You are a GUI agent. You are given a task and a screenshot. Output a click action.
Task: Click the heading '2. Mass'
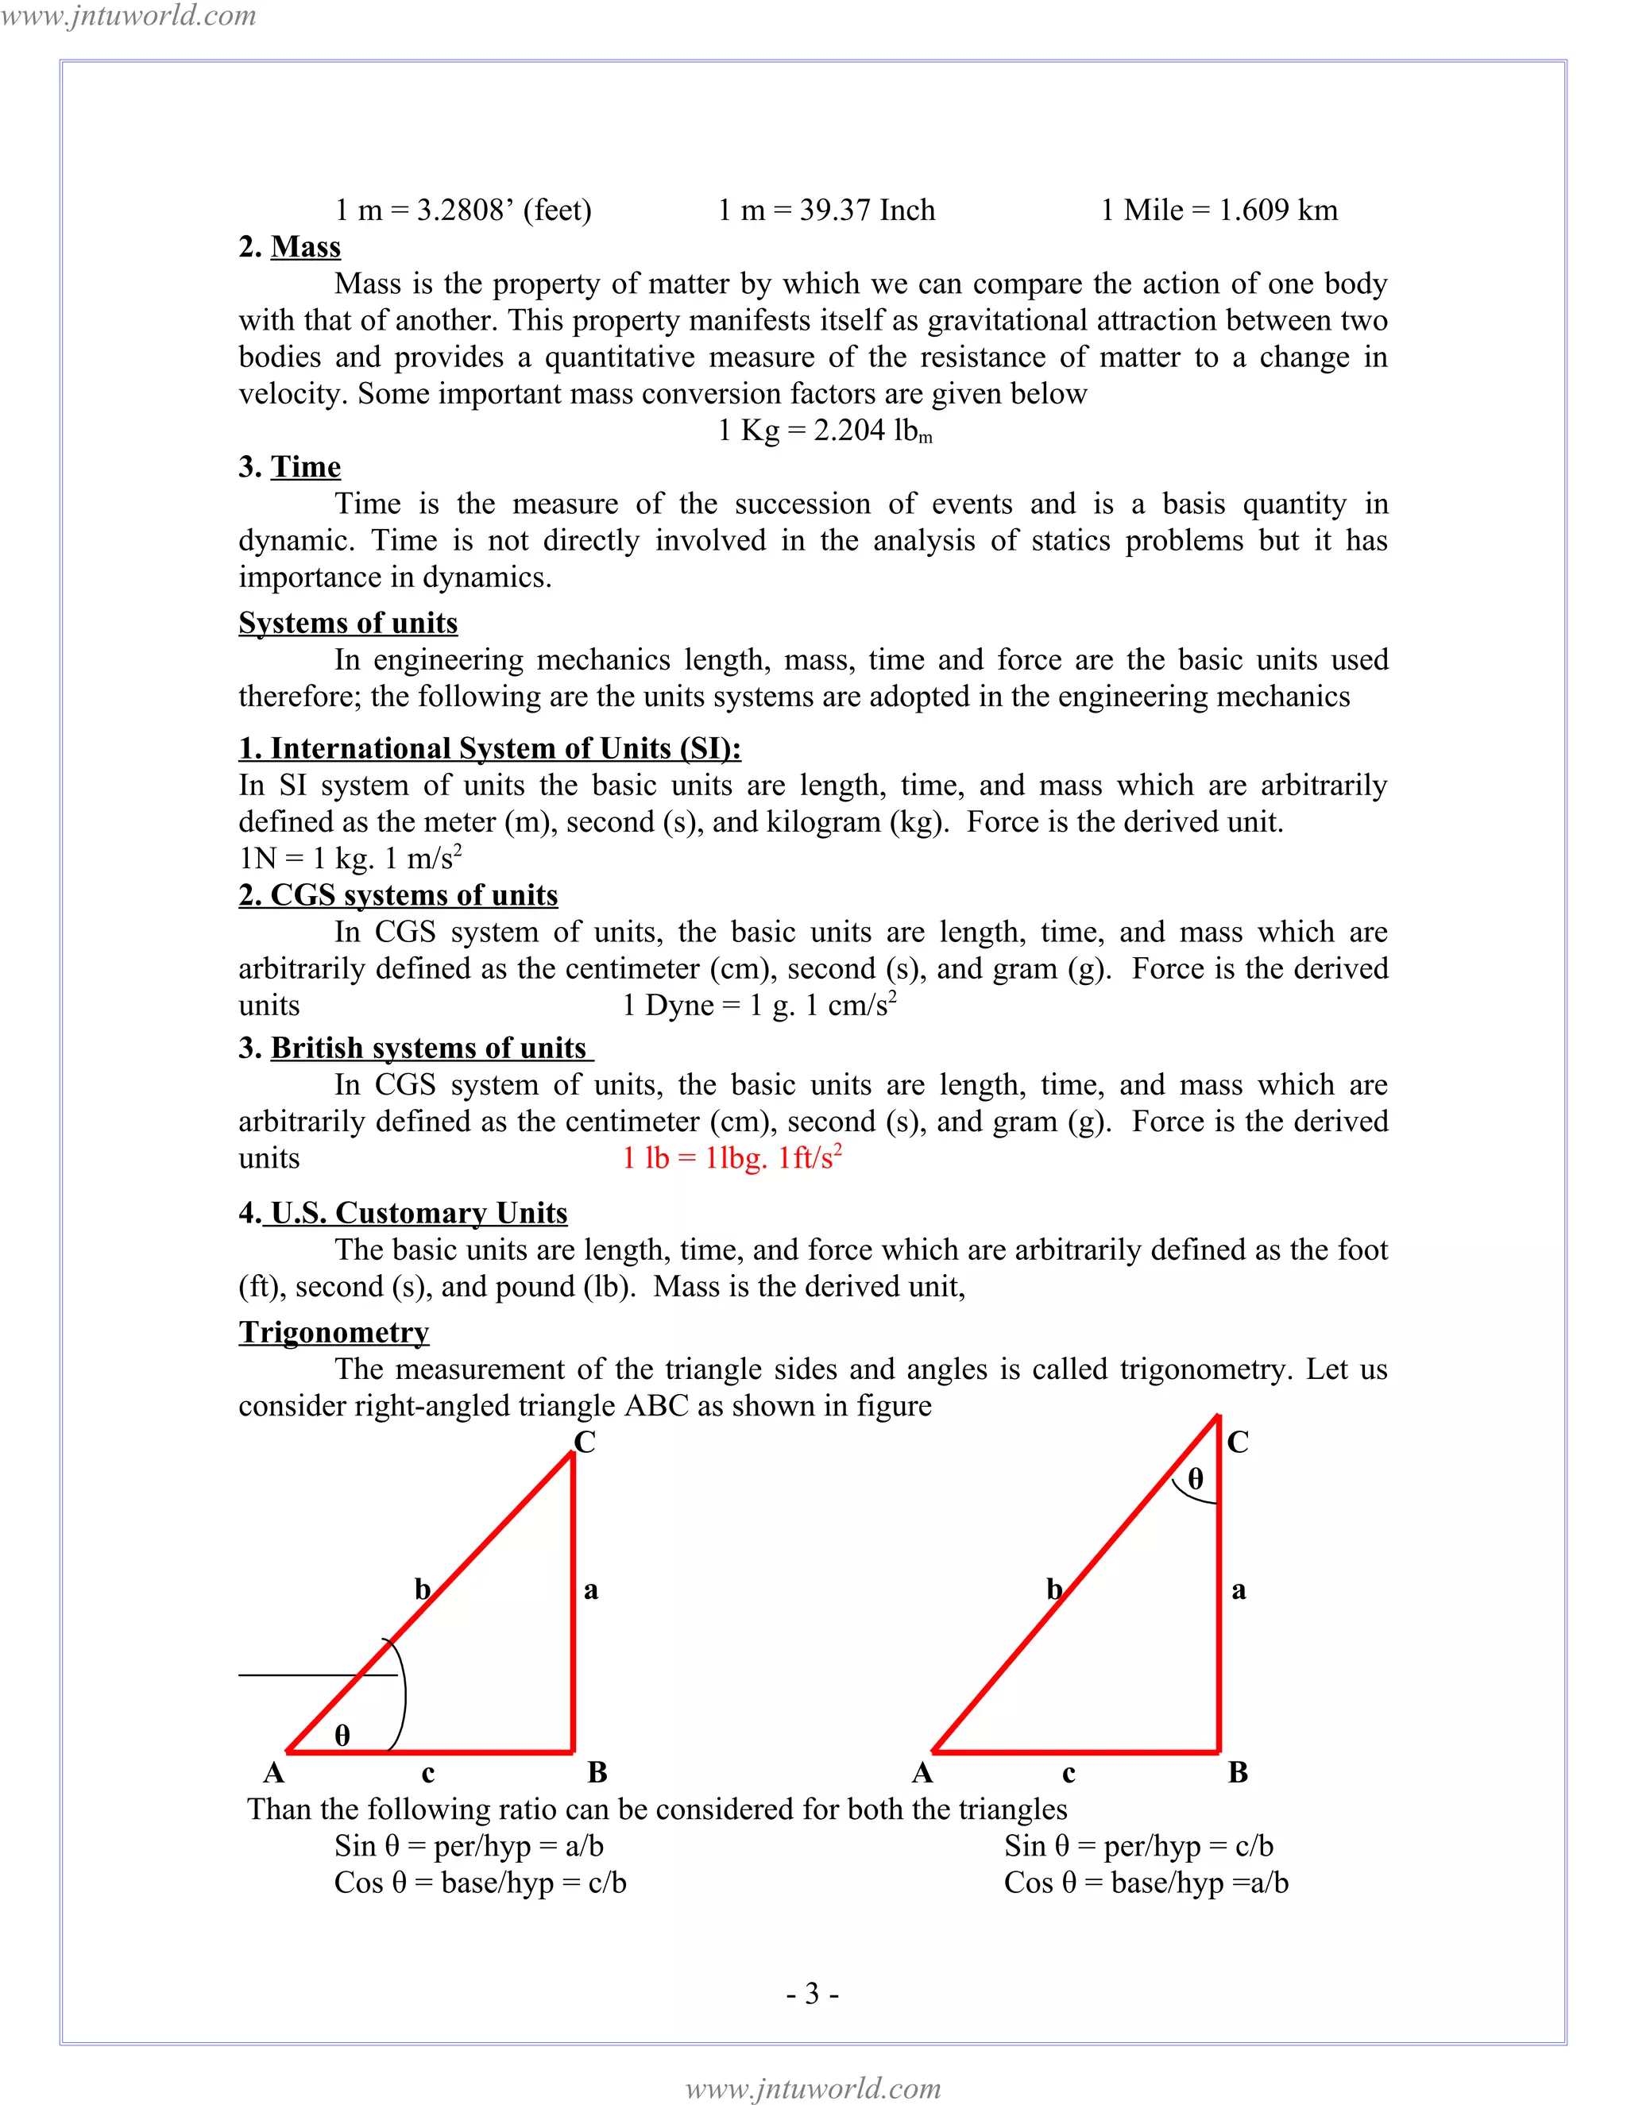(x=289, y=247)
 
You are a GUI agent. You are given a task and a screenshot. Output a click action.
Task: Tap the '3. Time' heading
(x=289, y=466)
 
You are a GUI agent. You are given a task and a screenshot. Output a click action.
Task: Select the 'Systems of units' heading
(x=348, y=623)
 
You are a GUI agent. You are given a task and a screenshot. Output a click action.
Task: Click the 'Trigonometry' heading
(x=334, y=1332)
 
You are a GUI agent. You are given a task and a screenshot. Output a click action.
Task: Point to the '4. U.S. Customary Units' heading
(x=403, y=1212)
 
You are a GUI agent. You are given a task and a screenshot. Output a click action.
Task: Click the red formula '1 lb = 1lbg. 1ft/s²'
(x=732, y=1157)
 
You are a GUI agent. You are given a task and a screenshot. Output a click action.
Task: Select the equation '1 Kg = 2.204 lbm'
(x=825, y=431)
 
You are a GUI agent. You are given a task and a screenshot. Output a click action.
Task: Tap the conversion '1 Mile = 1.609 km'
(x=1219, y=210)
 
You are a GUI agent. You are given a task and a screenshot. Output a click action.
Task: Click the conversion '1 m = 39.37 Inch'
(x=826, y=210)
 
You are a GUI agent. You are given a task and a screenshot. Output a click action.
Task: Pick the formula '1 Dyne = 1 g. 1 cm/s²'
(x=759, y=1006)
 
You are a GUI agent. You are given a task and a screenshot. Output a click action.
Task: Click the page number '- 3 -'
(x=813, y=1993)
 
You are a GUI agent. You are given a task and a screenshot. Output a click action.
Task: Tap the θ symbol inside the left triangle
(x=342, y=1736)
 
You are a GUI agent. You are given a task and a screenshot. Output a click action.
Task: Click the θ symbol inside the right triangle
(x=1195, y=1480)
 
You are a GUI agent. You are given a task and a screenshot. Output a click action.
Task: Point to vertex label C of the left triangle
(x=584, y=1442)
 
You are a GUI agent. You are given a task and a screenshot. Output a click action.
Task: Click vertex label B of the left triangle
(x=597, y=1772)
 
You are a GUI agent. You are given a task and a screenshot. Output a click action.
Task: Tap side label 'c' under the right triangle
(x=1068, y=1774)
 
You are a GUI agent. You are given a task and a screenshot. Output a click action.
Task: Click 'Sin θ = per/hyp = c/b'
(x=1138, y=1846)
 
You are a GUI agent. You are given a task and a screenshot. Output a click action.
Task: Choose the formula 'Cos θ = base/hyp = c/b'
(x=480, y=1883)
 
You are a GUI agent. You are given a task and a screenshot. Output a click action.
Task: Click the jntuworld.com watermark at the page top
(x=128, y=15)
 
